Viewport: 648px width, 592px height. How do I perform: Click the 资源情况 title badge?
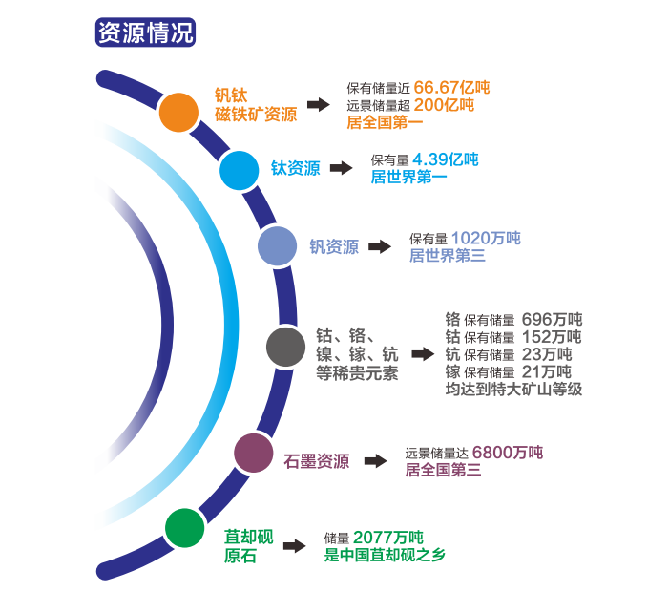click(146, 32)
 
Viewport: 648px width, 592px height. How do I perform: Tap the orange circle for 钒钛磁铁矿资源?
click(178, 112)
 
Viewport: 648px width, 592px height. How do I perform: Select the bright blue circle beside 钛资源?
click(240, 170)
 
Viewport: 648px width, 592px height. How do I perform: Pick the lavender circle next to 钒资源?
click(278, 246)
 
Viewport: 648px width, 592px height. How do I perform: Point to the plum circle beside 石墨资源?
click(254, 453)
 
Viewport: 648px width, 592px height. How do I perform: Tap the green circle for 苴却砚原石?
click(185, 528)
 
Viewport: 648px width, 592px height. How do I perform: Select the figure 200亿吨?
click(444, 105)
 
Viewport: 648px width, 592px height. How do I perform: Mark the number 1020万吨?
click(486, 238)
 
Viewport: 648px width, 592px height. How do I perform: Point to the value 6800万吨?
click(508, 452)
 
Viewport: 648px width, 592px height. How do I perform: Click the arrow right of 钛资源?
click(340, 168)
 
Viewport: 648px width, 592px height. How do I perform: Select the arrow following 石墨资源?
click(375, 460)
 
